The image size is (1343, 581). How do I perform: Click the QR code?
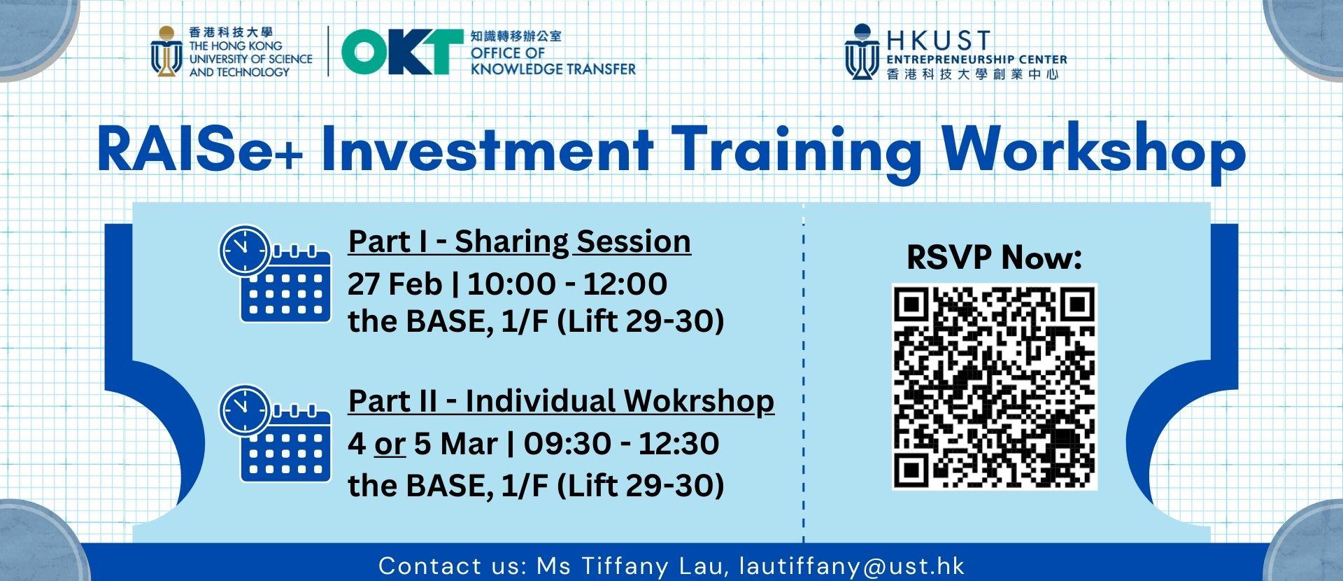(x=995, y=387)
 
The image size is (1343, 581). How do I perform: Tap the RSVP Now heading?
(x=994, y=258)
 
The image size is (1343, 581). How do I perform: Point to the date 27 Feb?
(x=395, y=283)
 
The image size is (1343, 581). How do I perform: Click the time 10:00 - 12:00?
(x=567, y=283)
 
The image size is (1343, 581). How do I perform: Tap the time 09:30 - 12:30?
(x=621, y=444)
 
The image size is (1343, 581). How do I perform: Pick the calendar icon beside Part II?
(x=285, y=444)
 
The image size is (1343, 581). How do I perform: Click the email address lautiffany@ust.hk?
(x=852, y=566)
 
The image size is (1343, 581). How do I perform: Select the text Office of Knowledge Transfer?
(x=553, y=61)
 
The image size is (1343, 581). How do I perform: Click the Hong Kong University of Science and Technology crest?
(x=166, y=52)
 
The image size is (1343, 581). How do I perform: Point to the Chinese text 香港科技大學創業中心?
(x=973, y=74)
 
